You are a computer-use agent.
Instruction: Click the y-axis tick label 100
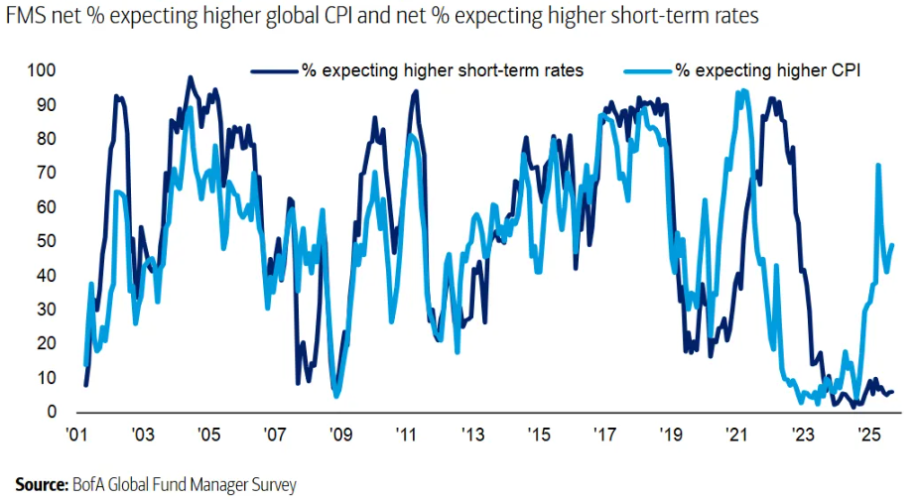click(43, 70)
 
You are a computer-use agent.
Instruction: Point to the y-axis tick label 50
click(47, 241)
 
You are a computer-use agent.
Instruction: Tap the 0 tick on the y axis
click(51, 412)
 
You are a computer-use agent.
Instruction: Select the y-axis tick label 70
click(47, 173)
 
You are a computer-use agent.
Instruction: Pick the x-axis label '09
click(340, 435)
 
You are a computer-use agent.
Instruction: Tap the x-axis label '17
click(604, 435)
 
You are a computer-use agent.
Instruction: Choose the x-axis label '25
click(868, 435)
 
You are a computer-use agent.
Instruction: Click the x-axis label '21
click(736, 435)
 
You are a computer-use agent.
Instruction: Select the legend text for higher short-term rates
click(442, 70)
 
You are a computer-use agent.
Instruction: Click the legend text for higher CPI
click(767, 70)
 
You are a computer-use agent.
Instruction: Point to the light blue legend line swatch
click(647, 70)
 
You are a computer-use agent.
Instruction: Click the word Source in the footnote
click(41, 485)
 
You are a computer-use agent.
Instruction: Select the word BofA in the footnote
click(88, 485)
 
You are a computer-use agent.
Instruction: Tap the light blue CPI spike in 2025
click(877, 166)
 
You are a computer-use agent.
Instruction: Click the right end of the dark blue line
click(892, 392)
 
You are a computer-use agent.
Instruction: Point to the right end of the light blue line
click(892, 244)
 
